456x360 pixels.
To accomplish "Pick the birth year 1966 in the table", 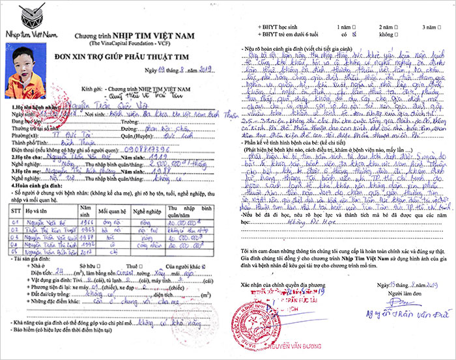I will [87, 222].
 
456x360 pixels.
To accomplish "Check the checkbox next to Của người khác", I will [205, 266].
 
